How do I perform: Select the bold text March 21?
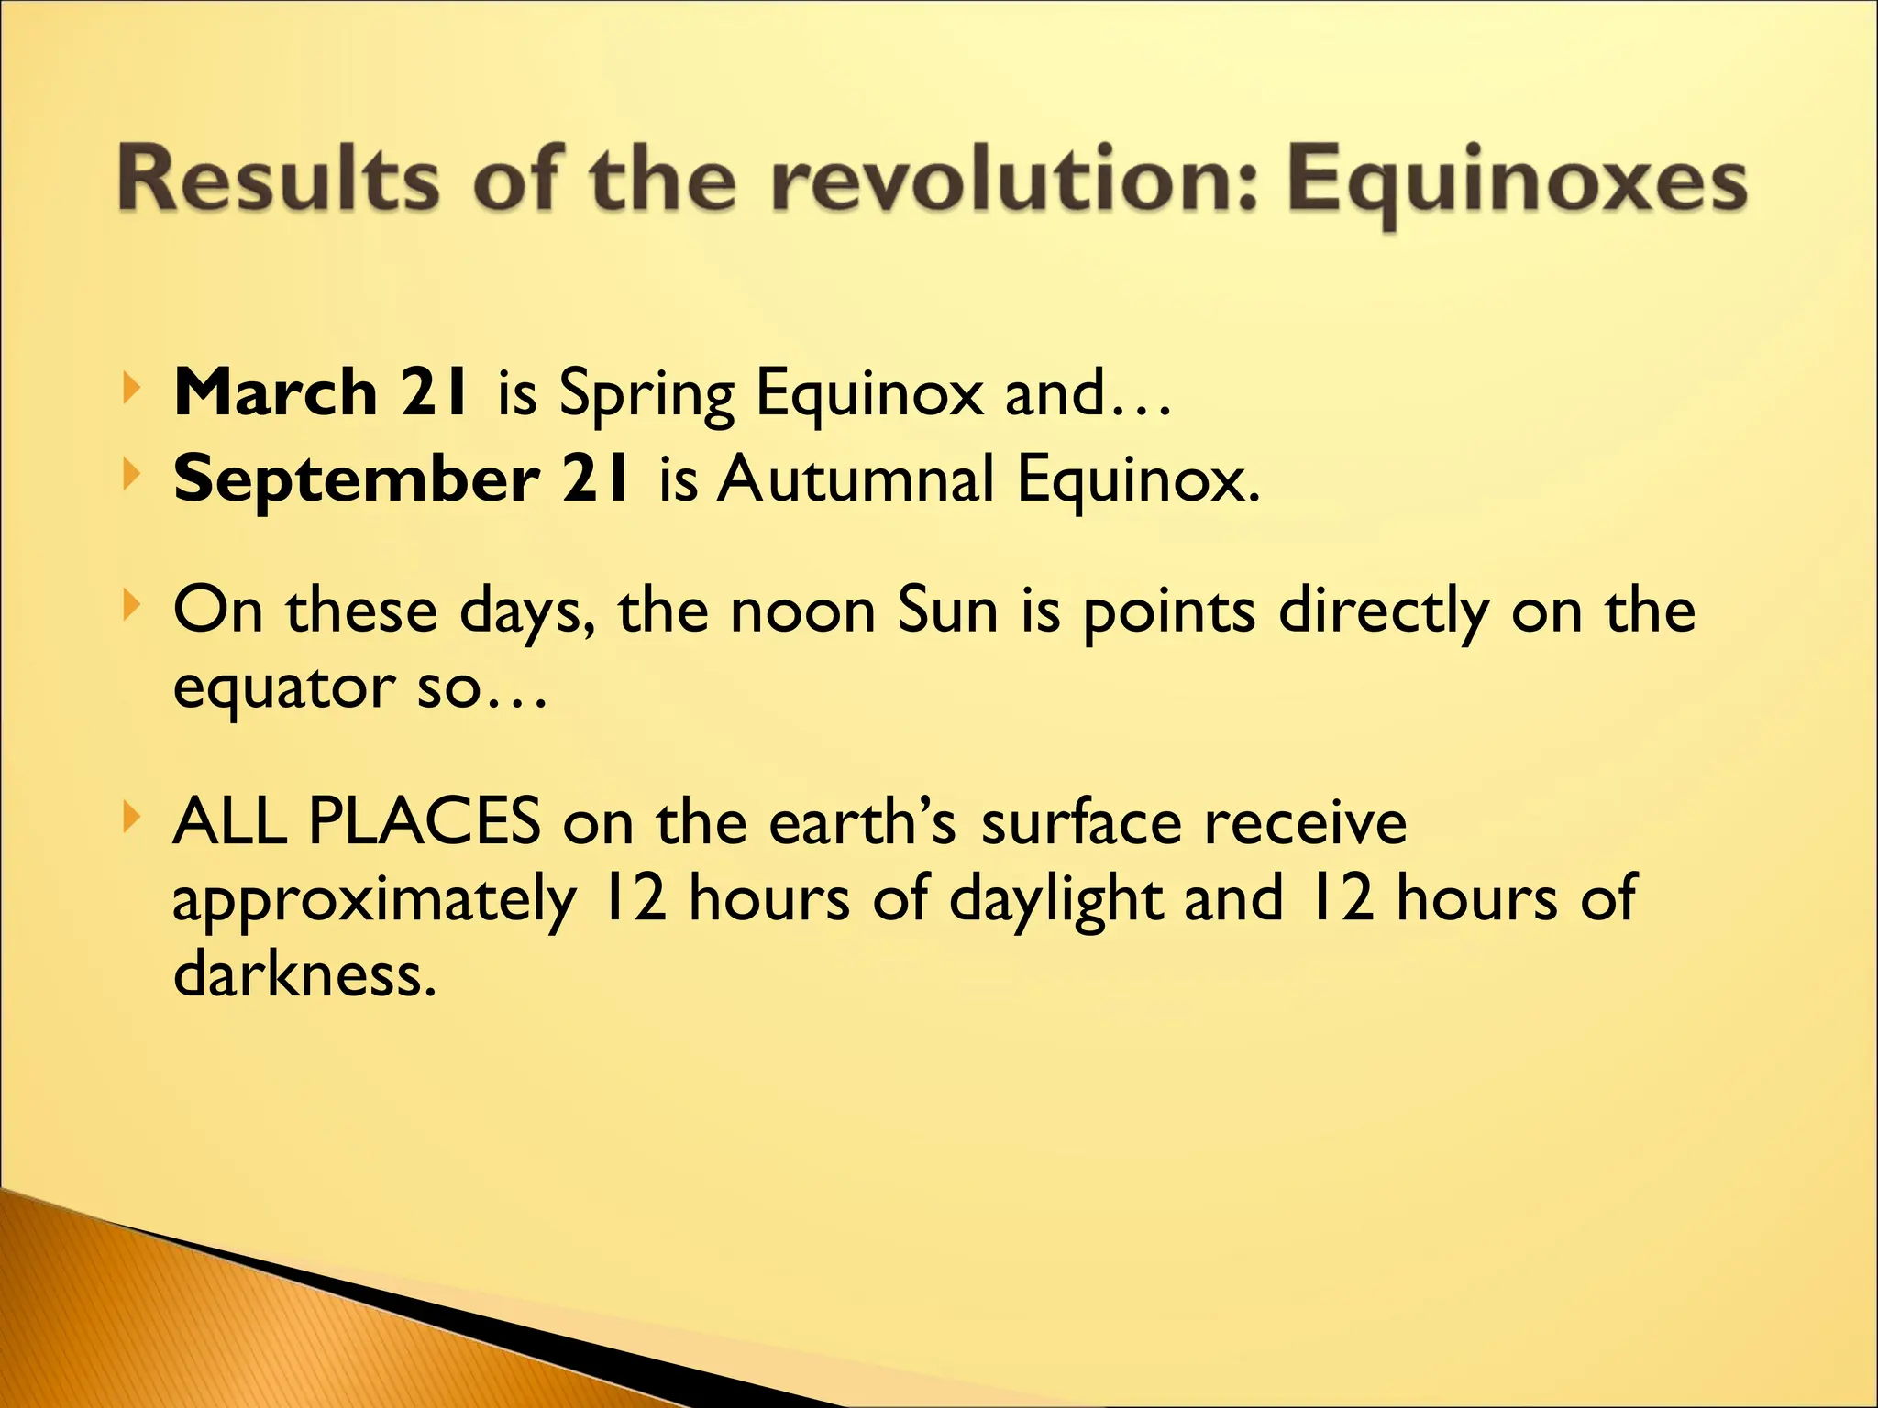[x=323, y=392]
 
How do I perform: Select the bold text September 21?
[x=402, y=478]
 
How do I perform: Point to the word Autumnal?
[x=856, y=478]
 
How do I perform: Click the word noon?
[x=802, y=611]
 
